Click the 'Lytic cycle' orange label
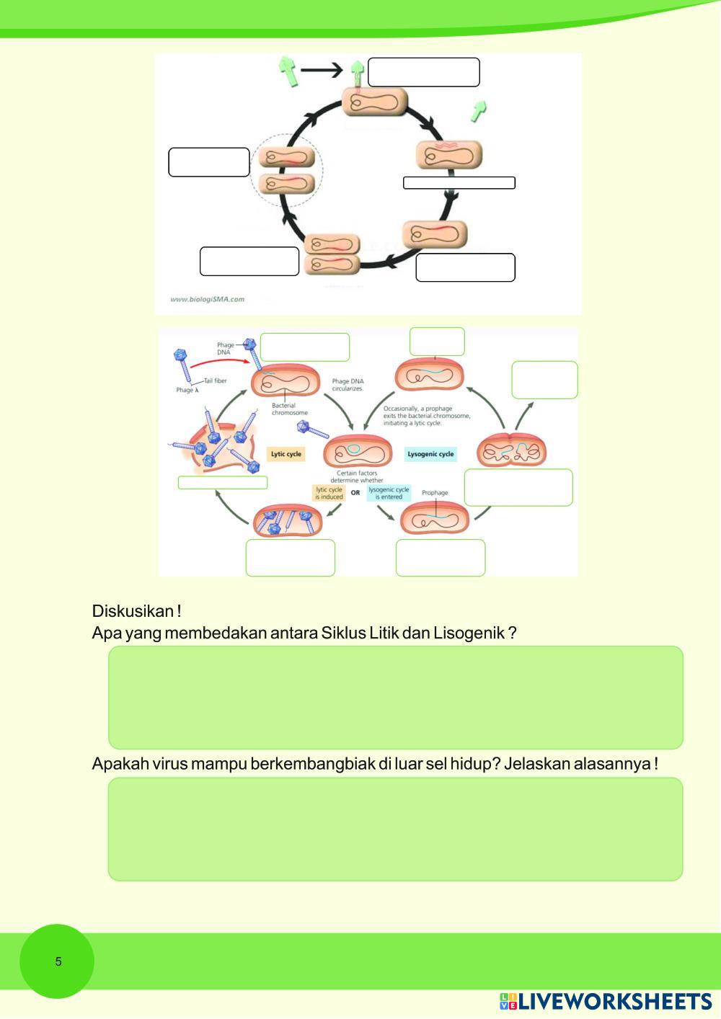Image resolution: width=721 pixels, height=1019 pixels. click(286, 454)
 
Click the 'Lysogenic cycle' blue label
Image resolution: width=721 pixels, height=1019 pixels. click(430, 454)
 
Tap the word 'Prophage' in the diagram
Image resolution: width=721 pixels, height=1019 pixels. click(435, 493)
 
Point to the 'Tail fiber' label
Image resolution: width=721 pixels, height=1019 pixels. click(215, 381)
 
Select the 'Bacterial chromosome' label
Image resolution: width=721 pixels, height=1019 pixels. click(289, 409)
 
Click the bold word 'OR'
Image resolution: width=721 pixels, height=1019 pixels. click(355, 493)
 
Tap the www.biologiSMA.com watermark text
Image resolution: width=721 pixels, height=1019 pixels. click(207, 299)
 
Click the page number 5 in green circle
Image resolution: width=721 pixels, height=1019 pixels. click(58, 961)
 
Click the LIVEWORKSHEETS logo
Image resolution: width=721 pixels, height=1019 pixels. click(606, 1002)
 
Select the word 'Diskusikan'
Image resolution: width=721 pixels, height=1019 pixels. click(133, 611)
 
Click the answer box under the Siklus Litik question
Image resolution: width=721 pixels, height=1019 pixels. click(395, 697)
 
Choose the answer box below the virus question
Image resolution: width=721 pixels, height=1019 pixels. click(395, 829)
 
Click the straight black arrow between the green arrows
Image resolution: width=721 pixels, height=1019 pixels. click(322, 70)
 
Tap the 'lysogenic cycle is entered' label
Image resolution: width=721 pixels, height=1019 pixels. click(389, 493)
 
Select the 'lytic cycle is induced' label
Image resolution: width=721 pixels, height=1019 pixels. click(329, 493)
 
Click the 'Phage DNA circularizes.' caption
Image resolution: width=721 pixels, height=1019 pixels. click(348, 385)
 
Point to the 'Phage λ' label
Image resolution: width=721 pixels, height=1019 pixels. click(185, 391)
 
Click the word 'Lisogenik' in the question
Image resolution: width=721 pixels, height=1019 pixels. click(469, 633)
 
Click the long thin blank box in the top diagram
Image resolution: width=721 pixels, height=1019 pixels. click(459, 183)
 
